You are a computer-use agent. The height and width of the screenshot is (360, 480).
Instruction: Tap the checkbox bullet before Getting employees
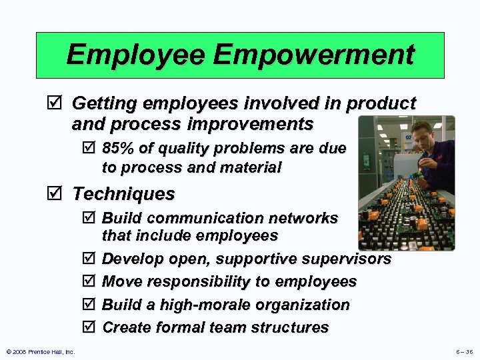(x=58, y=104)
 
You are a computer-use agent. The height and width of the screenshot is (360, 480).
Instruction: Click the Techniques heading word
(x=123, y=194)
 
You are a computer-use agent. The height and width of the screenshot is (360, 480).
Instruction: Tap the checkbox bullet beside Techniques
(x=58, y=195)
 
